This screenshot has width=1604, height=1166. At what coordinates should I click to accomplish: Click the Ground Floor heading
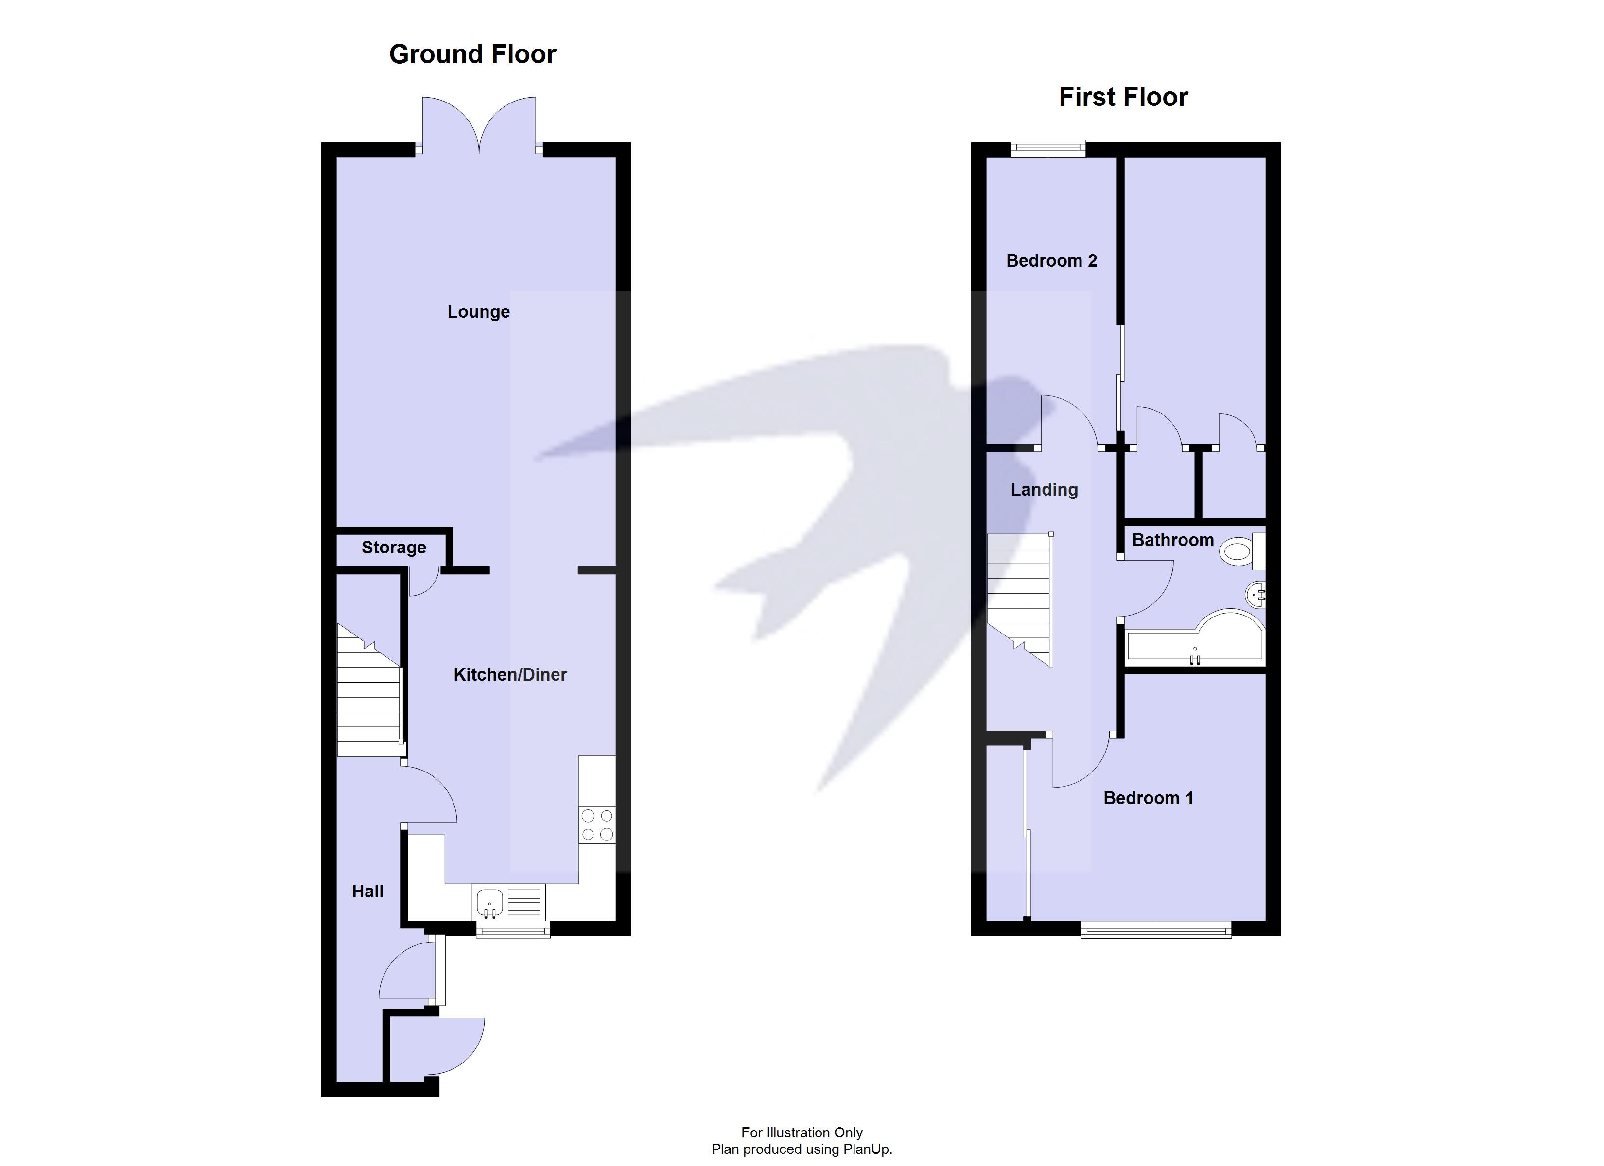tap(472, 54)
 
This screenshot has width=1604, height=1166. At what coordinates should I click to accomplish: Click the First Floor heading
tap(1123, 97)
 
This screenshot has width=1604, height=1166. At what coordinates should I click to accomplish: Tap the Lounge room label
tap(478, 312)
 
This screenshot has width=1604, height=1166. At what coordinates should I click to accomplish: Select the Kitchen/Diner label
tap(510, 674)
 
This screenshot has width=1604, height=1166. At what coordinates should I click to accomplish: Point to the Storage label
tap(394, 548)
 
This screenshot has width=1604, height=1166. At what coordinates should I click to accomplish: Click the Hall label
tap(368, 892)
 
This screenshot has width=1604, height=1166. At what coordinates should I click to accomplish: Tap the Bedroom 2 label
tap(1051, 261)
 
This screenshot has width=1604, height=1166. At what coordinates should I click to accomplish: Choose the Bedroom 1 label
tap(1148, 798)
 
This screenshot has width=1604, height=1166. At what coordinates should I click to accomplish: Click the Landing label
tap(1044, 489)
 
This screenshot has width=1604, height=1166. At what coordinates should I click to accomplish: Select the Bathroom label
tap(1172, 540)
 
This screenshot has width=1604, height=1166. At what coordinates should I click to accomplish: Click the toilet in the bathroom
tap(1241, 551)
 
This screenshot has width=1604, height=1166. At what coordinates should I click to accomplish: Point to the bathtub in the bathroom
tap(1195, 640)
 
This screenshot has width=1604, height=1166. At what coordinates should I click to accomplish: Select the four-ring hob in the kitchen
tap(597, 824)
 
